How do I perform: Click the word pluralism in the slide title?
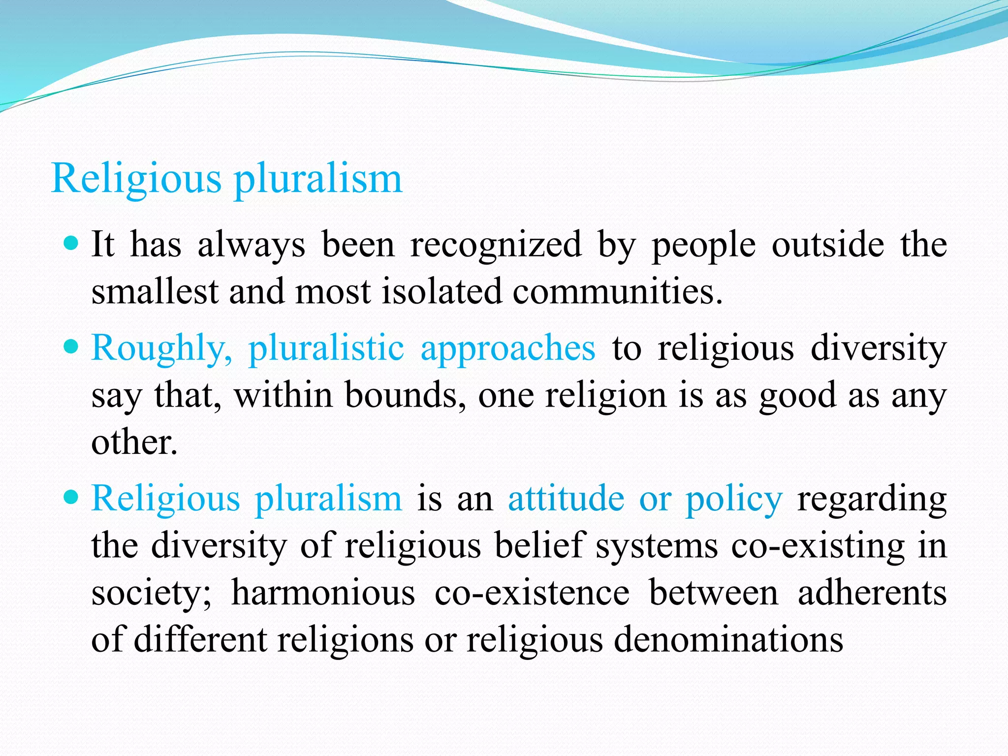click(318, 179)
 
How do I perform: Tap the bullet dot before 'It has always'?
click(71, 243)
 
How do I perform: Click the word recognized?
click(496, 245)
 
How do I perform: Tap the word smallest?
click(155, 291)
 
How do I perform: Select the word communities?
click(618, 291)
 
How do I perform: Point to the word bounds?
click(405, 395)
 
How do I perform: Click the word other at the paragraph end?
click(134, 442)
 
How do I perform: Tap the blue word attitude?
click(566, 499)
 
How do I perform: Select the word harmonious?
click(323, 593)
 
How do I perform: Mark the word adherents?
click(872, 593)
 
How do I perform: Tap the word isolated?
click(441, 291)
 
